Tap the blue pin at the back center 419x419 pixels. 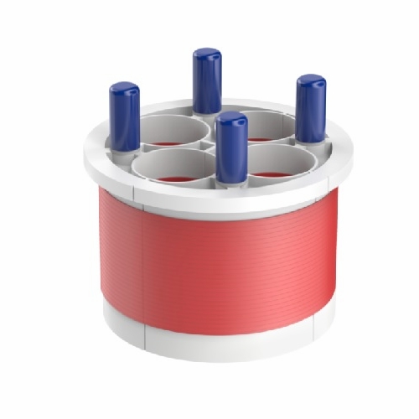point(207,80)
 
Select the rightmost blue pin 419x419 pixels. point(311,107)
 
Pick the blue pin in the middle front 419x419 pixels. point(230,147)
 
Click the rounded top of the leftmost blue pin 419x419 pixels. point(125,87)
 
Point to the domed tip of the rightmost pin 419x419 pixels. point(311,80)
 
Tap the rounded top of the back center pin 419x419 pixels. point(207,54)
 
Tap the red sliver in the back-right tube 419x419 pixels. point(261,138)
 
